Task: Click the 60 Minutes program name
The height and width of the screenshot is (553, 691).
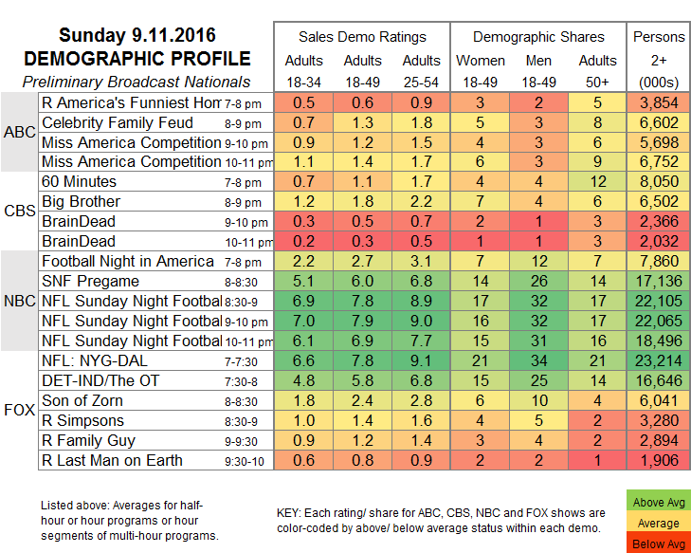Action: (80, 181)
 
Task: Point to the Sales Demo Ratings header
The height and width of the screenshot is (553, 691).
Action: (362, 37)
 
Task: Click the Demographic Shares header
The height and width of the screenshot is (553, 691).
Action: (538, 37)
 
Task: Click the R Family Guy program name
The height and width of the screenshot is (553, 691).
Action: (87, 440)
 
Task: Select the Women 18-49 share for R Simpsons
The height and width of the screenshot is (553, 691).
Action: (482, 420)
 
